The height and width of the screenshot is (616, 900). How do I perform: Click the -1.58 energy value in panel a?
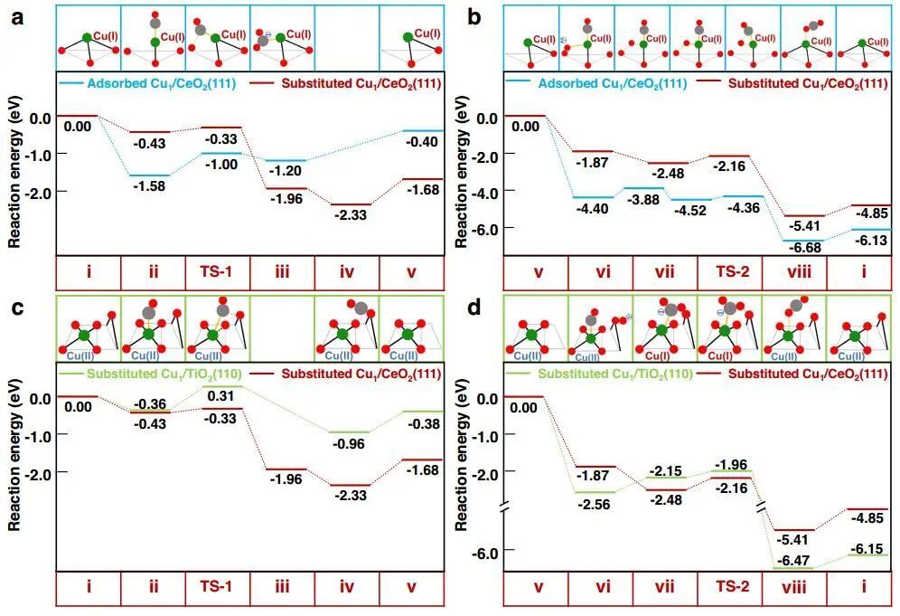(x=154, y=185)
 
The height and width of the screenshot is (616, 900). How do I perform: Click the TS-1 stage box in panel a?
(x=218, y=273)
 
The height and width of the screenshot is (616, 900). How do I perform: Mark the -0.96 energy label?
(x=347, y=444)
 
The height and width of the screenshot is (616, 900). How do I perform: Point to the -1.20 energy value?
(x=282, y=170)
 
